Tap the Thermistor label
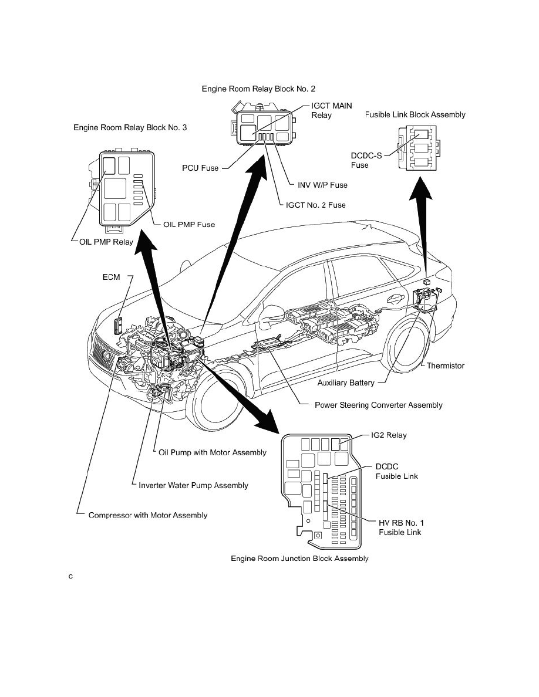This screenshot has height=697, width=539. tap(445, 366)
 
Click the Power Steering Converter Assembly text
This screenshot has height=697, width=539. tap(378, 405)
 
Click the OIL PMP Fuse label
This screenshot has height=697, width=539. tap(189, 224)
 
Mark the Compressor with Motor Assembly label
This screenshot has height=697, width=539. tap(147, 515)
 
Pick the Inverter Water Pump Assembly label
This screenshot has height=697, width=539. tap(193, 485)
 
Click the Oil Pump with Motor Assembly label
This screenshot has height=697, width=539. tap(213, 452)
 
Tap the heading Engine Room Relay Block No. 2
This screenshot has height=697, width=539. tap(258, 89)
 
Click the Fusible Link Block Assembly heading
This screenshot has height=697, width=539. tap(415, 114)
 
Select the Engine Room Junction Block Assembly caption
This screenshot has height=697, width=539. tap(299, 559)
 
